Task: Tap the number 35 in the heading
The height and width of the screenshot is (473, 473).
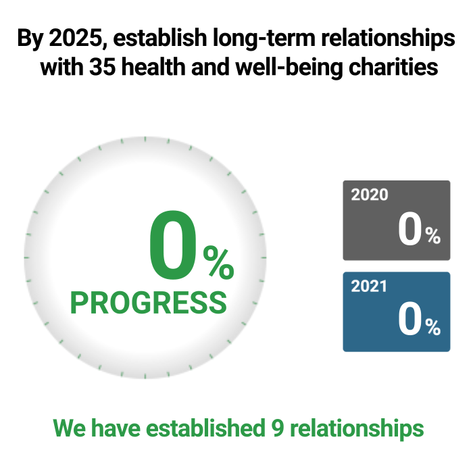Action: click(x=103, y=67)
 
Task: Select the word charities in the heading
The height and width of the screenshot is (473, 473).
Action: click(x=393, y=67)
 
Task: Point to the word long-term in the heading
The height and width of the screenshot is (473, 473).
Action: click(x=264, y=39)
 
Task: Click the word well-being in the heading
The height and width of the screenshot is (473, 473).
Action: click(x=290, y=68)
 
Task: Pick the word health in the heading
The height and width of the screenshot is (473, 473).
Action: click(x=153, y=67)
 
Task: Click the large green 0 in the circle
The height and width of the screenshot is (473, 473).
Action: click(x=173, y=245)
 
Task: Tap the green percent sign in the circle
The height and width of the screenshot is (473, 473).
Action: click(x=219, y=262)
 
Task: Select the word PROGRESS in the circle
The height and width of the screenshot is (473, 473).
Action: click(x=149, y=303)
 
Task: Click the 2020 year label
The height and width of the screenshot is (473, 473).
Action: click(x=370, y=195)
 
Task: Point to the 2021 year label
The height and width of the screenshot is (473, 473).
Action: click(x=369, y=286)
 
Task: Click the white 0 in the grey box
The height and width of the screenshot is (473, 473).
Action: click(x=409, y=228)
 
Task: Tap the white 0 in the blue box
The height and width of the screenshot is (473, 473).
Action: click(x=409, y=318)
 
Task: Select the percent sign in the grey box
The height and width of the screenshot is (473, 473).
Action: click(x=433, y=236)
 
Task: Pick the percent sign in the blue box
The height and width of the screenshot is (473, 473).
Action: click(x=433, y=327)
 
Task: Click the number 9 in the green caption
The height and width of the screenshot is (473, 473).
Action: click(x=278, y=428)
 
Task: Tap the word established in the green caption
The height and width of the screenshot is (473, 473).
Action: click(x=205, y=428)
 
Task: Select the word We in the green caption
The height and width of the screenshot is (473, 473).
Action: click(x=69, y=428)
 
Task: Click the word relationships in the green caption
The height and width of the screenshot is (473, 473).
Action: click(x=357, y=429)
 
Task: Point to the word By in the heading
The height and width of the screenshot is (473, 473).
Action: click(x=30, y=39)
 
